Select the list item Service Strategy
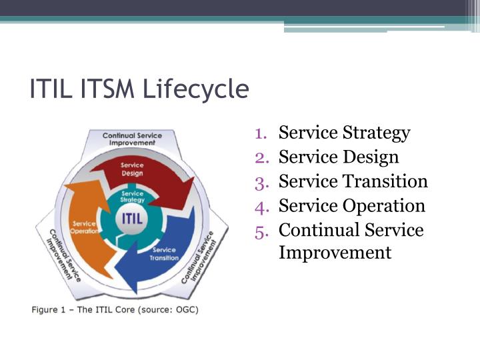click(x=344, y=133)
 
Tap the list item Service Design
click(x=339, y=157)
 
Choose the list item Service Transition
click(x=353, y=181)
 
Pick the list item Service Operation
click(x=351, y=205)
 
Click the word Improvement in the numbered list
click(x=335, y=253)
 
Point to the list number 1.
click(x=261, y=133)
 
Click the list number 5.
click(x=261, y=230)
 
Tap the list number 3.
click(x=261, y=181)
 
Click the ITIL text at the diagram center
click(x=132, y=219)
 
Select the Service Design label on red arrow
click(x=132, y=169)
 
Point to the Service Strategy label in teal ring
click(x=132, y=197)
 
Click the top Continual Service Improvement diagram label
click(x=132, y=139)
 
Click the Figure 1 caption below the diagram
click(x=115, y=309)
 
